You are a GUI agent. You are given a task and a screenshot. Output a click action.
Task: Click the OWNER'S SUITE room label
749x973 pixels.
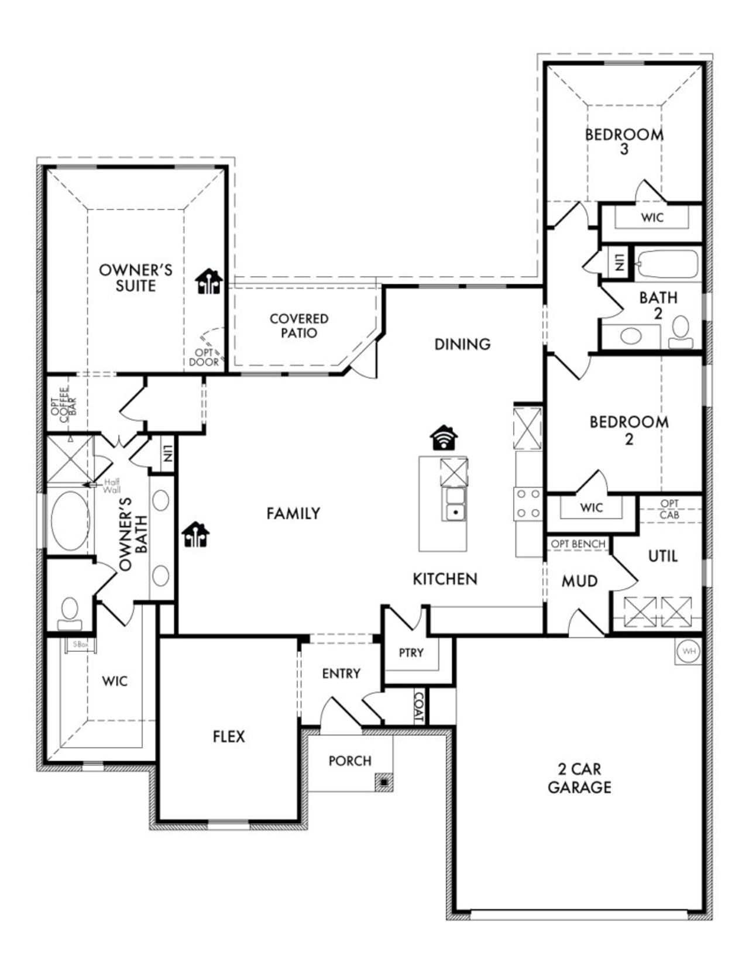[x=135, y=278]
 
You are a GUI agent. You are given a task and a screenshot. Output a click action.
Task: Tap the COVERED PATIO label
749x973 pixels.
[x=299, y=326]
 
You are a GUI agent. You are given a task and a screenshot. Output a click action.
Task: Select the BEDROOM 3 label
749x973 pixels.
[x=624, y=141]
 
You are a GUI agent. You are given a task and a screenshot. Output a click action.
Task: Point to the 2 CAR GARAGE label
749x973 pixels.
[x=579, y=778]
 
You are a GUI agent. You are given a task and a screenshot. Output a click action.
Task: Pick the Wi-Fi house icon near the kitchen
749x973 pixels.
[x=445, y=437]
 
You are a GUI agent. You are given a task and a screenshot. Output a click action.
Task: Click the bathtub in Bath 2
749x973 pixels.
[x=667, y=264]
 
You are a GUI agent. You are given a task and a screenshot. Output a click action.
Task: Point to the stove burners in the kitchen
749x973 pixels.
[x=528, y=504]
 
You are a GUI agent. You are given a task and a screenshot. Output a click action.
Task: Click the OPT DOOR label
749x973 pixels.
[x=204, y=357]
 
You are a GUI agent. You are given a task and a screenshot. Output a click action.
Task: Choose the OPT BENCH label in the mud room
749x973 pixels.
[x=578, y=544]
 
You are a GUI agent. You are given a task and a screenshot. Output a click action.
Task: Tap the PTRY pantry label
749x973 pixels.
[x=411, y=652]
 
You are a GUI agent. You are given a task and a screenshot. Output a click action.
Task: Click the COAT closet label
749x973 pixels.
[x=419, y=708]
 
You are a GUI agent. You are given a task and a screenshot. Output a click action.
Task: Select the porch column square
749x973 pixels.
[x=384, y=782]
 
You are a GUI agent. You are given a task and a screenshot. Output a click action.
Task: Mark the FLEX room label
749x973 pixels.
[x=229, y=737]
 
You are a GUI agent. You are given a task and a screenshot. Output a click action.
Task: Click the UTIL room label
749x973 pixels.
[x=663, y=556]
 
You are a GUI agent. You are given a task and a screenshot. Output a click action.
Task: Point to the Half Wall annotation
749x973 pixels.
[x=111, y=486]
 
